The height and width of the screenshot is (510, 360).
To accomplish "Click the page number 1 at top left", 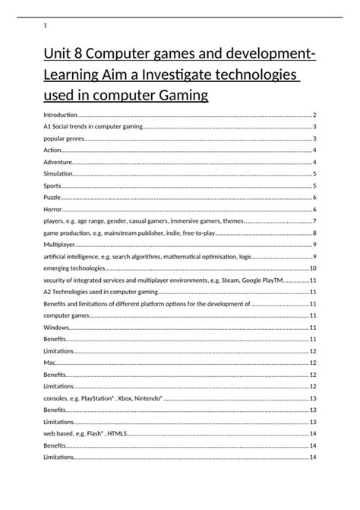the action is click(46, 27).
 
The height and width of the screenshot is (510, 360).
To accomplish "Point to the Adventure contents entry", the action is click(58, 163).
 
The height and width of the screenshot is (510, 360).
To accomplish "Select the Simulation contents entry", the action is click(58, 174).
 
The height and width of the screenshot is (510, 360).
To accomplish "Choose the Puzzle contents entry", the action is click(52, 198).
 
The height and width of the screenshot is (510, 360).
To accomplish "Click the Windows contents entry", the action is click(56, 327).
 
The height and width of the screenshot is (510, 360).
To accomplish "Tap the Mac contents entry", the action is click(49, 363).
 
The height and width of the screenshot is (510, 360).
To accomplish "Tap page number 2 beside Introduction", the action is click(314, 115).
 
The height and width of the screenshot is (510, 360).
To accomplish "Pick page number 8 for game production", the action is click(314, 233).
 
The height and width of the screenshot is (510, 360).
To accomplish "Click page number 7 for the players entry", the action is click(314, 221).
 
